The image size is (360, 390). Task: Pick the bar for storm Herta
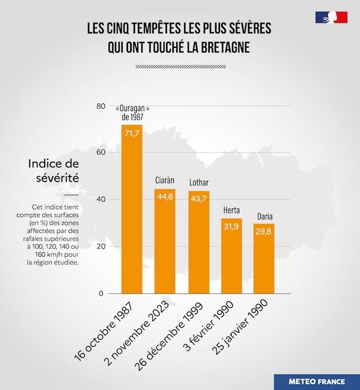point(232,257)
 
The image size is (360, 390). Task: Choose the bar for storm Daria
point(264,260)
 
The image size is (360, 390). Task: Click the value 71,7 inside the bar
point(132,134)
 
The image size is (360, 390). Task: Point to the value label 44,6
point(164,197)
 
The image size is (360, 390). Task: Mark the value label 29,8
point(264,232)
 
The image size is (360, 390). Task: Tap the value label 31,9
point(232,226)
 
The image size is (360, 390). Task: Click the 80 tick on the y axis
point(100,106)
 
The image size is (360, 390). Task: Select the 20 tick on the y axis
point(100,246)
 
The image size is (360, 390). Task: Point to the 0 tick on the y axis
point(102,293)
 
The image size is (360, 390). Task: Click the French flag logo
point(331,17)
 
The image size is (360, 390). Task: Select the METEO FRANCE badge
point(317,381)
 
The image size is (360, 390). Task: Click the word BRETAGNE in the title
point(221,47)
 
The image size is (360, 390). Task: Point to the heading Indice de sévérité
point(54,171)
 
